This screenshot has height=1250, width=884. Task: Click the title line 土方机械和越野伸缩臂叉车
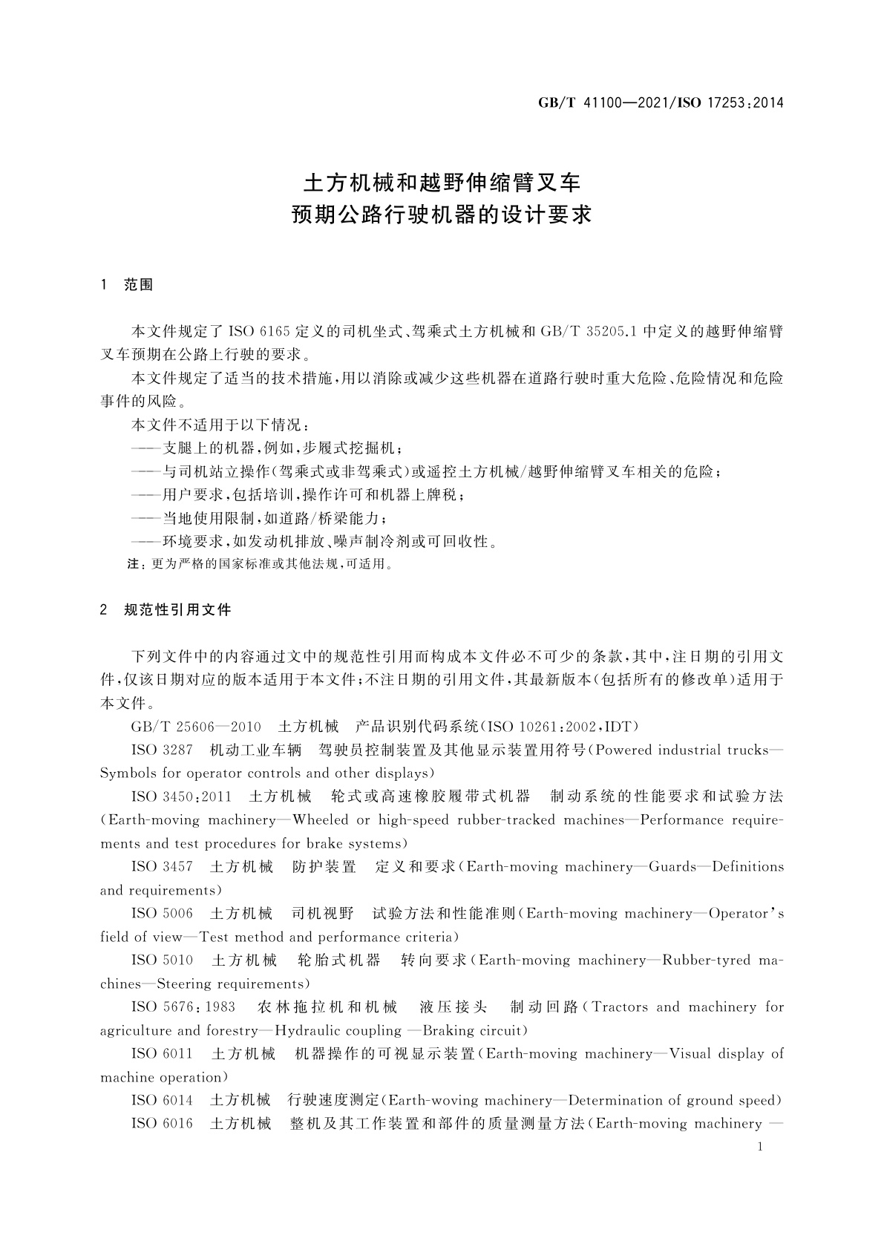click(442, 183)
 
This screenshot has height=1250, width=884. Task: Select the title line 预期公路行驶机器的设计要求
click(442, 216)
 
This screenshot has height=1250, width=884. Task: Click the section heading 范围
click(139, 285)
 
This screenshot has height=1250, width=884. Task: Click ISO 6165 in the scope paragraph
click(253, 331)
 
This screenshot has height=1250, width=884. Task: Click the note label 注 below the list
click(134, 564)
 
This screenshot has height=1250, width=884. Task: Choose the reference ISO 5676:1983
click(183, 1007)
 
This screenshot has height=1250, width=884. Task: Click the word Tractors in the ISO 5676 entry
click(621, 1007)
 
